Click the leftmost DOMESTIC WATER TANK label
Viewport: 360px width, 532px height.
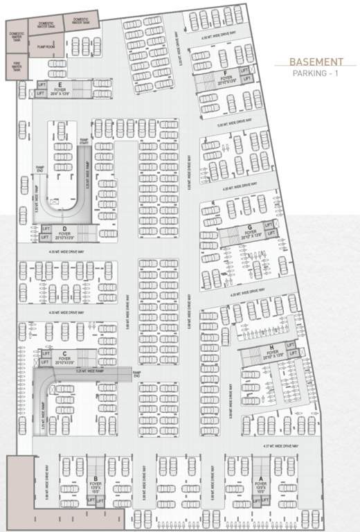(x=17, y=37)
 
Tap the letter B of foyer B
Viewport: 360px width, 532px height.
(x=95, y=478)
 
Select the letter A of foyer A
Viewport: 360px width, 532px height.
(x=260, y=478)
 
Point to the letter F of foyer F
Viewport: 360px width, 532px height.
(x=226, y=73)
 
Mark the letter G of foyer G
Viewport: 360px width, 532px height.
(x=249, y=227)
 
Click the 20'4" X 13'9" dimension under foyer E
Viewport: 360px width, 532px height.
(x=61, y=95)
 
